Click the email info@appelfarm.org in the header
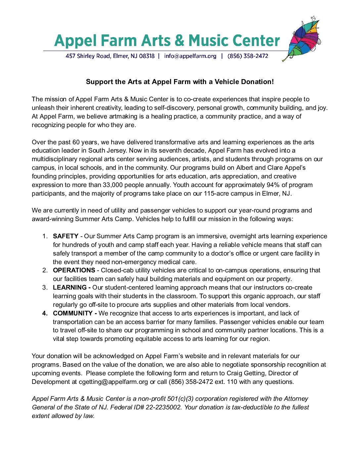click(x=190, y=56)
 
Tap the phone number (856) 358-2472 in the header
click(x=248, y=56)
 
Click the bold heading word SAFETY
click(x=66, y=236)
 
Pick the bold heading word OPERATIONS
click(x=74, y=270)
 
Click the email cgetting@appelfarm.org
click(x=113, y=382)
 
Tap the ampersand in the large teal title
click(x=179, y=41)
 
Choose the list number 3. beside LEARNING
click(x=45, y=288)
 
